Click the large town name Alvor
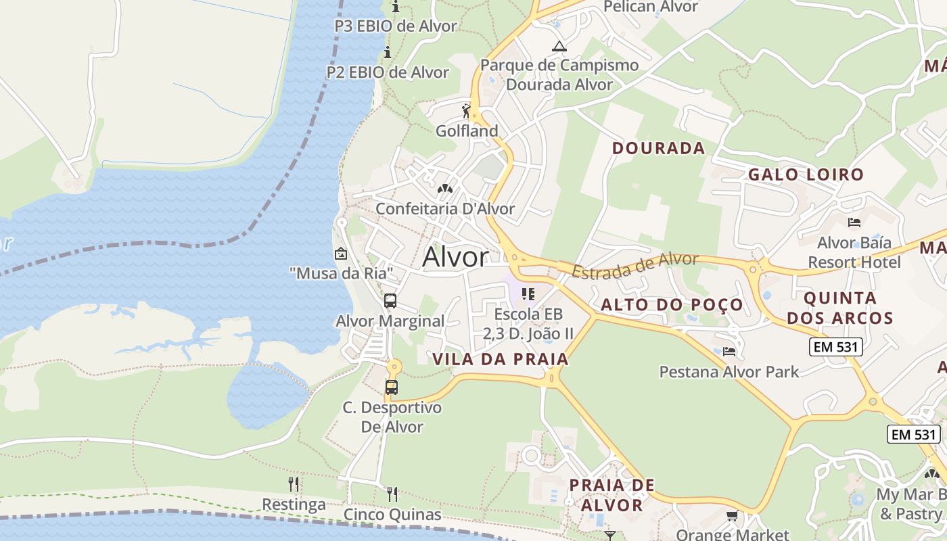(x=455, y=257)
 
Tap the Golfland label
(x=467, y=131)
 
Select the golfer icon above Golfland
(x=466, y=110)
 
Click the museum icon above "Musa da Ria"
(x=341, y=254)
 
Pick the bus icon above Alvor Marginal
(x=390, y=301)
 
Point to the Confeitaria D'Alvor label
(x=445, y=209)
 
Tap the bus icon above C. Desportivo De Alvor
(x=391, y=387)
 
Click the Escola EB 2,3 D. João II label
(x=528, y=324)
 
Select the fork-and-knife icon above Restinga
(x=294, y=484)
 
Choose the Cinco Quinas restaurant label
(x=392, y=515)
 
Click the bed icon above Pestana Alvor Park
(x=729, y=352)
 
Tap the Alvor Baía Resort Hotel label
(x=854, y=252)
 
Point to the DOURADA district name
(x=658, y=149)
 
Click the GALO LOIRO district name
(x=806, y=174)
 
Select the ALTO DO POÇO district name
(x=672, y=305)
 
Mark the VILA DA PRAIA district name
(x=501, y=359)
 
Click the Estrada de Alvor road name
(x=634, y=264)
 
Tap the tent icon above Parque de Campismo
(x=559, y=46)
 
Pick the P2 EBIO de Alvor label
(x=388, y=72)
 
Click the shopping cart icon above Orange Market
(x=731, y=517)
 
